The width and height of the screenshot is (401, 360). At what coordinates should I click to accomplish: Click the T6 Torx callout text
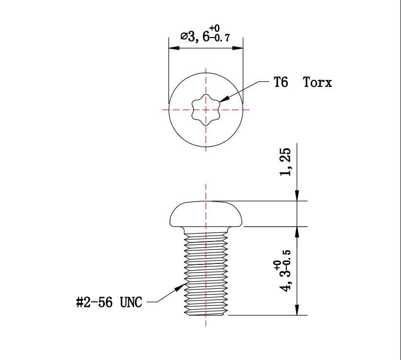[302, 82]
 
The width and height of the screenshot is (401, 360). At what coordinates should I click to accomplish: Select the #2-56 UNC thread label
[109, 302]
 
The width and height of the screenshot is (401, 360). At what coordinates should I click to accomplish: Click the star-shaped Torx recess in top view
[205, 109]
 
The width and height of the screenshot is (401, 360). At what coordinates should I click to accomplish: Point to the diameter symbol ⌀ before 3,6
[184, 37]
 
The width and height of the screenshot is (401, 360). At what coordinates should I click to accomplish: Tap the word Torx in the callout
[318, 82]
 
